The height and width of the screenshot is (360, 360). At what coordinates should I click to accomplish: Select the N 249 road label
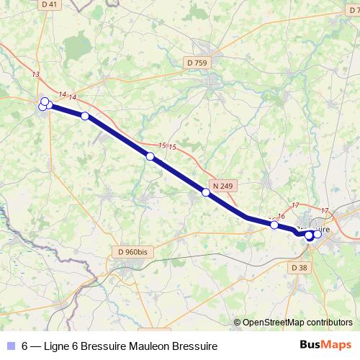click(x=222, y=186)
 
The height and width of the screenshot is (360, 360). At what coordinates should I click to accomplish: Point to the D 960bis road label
click(x=132, y=252)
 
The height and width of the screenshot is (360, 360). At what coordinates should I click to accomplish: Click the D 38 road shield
click(x=300, y=267)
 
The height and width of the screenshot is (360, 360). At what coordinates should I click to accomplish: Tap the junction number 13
click(x=36, y=74)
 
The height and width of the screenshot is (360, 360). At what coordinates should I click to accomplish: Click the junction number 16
click(x=282, y=217)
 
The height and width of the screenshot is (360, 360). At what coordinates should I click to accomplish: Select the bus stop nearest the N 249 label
click(x=206, y=192)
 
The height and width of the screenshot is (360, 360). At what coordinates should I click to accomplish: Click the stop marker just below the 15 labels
click(x=150, y=156)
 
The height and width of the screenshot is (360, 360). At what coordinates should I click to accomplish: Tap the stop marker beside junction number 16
click(x=274, y=225)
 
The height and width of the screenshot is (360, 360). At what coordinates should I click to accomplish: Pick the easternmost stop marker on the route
click(x=318, y=234)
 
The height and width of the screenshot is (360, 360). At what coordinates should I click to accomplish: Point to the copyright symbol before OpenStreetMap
click(x=238, y=323)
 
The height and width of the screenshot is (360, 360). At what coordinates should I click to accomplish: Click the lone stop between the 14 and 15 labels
click(x=85, y=116)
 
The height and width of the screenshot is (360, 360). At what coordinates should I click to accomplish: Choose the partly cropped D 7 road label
click(x=354, y=4)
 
